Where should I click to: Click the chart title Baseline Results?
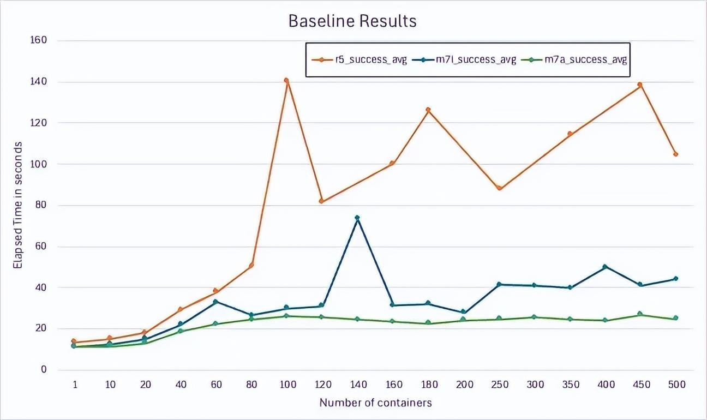point(352,21)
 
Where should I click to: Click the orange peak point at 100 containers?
point(286,81)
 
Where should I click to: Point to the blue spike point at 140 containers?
point(357,218)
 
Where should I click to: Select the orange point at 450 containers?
point(640,85)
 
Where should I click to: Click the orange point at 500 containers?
point(675,154)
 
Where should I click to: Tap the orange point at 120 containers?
point(322,201)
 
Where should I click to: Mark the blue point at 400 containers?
point(605,267)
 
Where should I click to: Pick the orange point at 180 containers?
point(428,110)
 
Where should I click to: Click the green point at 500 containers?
point(675,318)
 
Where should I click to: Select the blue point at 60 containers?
point(216,302)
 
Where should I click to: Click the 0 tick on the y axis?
point(44,370)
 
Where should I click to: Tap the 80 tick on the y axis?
point(41,205)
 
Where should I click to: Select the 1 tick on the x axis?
point(74,385)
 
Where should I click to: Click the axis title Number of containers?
point(375,403)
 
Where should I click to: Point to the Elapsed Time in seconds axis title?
point(18,205)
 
